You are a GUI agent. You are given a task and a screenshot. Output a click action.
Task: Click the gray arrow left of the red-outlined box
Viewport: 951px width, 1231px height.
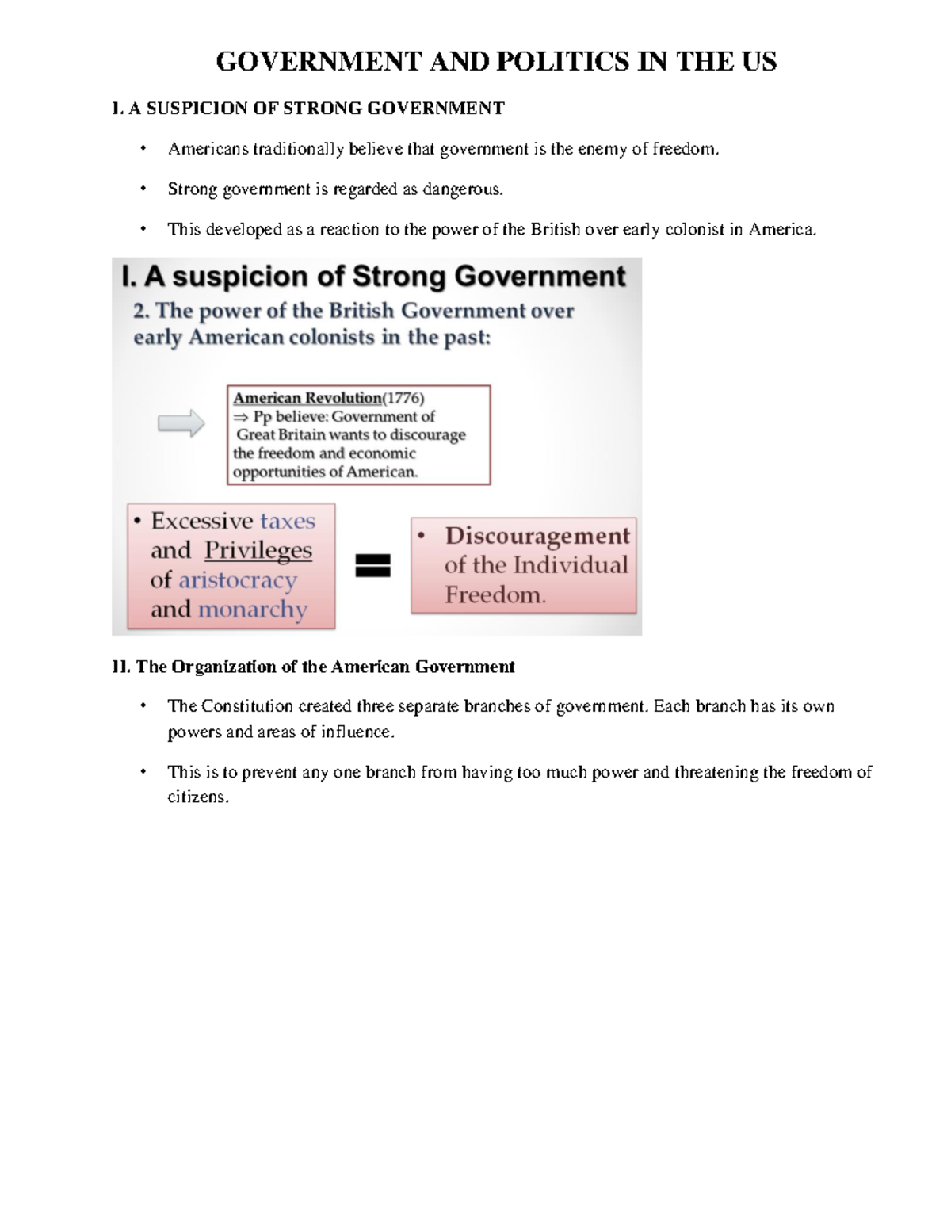point(181,423)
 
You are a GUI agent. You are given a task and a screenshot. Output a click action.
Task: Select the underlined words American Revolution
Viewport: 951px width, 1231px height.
point(307,398)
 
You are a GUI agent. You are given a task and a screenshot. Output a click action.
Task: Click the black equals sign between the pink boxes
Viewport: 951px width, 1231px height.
point(372,565)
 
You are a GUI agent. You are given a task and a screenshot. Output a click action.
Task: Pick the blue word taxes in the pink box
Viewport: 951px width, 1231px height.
point(288,521)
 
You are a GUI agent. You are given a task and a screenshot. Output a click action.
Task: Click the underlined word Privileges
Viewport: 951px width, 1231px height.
point(258,550)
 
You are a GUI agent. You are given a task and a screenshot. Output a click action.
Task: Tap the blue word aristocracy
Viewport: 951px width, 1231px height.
point(238,580)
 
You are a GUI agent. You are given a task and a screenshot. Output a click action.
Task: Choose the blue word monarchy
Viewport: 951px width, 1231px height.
point(253,610)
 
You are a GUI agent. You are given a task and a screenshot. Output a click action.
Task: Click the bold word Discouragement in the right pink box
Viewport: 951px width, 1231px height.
point(537,536)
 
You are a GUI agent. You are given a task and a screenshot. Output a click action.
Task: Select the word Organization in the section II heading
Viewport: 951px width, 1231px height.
point(224,667)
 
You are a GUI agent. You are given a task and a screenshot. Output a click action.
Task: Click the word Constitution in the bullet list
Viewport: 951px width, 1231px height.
point(246,706)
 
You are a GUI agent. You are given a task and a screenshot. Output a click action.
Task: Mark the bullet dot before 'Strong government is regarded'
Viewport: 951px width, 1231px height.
point(143,189)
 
